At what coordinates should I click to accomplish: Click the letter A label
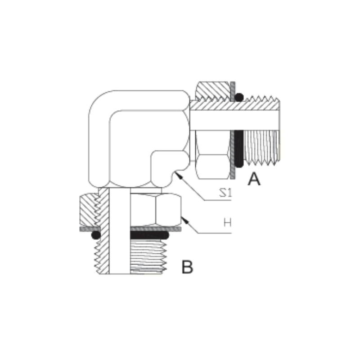point(254,179)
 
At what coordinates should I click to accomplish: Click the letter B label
point(187,267)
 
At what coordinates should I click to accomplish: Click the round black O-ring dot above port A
point(239,96)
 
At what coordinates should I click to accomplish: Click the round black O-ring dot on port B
point(94,235)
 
